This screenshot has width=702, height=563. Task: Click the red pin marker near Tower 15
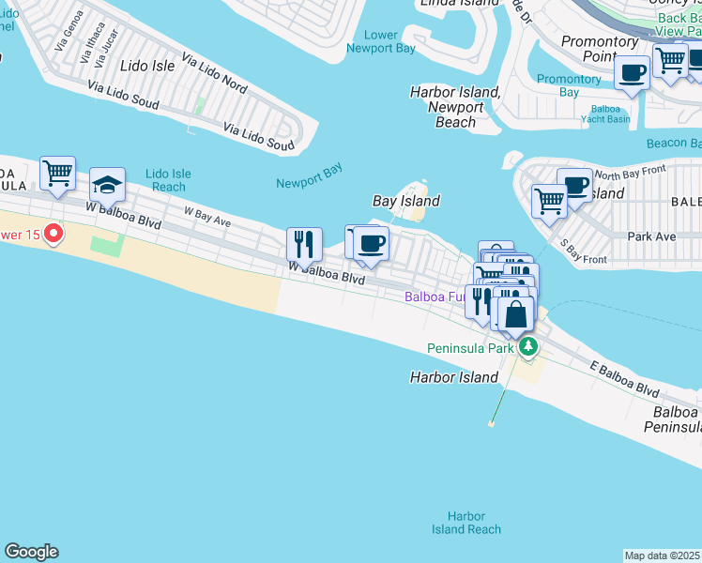53,232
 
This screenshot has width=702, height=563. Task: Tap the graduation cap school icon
107,185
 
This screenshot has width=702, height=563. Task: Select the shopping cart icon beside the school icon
58,174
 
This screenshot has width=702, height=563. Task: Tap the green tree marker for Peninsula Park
529,347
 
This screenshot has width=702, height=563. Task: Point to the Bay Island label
405,201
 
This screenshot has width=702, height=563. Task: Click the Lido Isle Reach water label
169,180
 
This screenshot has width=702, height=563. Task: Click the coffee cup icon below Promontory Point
633,73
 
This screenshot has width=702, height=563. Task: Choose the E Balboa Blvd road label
624,377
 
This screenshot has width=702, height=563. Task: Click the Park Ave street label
651,236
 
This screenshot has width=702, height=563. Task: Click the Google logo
31,552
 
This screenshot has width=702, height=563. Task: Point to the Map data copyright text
663,555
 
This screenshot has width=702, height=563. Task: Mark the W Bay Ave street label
207,217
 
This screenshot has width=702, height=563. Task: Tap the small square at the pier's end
491,423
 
